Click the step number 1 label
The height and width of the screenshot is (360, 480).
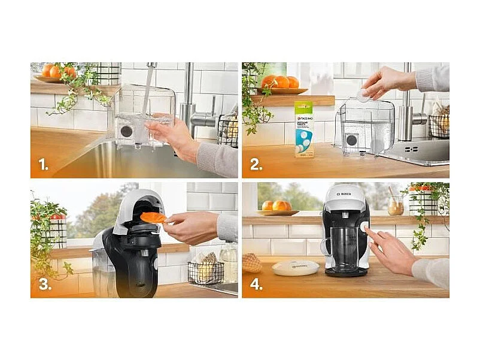[43, 164]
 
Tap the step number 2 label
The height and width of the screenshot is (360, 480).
[256, 164]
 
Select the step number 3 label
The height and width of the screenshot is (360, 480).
[44, 284]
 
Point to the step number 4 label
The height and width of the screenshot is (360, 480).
[256, 284]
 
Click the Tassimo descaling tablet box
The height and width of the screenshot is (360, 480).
[303, 128]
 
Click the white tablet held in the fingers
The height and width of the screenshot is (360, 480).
[363, 93]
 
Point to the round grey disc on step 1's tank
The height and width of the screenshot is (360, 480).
[126, 131]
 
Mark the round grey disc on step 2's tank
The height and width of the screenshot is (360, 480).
[352, 140]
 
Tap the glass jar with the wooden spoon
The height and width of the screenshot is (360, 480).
[394, 205]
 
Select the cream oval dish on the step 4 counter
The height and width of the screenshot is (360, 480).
[296, 268]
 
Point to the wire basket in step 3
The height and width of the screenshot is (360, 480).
[205, 271]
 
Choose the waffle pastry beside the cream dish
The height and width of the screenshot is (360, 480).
[253, 262]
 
